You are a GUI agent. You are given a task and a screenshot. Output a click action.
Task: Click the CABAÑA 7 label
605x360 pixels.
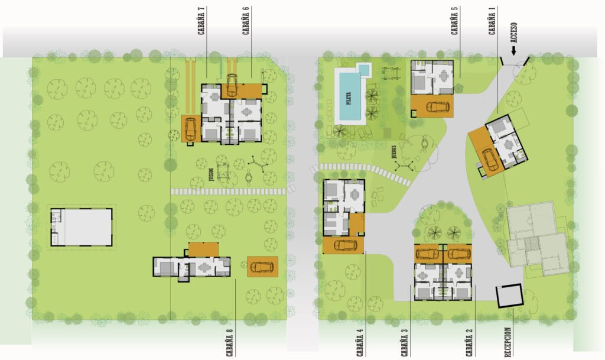click(x=201, y=21)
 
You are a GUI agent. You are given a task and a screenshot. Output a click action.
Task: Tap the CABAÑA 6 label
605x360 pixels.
click(x=246, y=21)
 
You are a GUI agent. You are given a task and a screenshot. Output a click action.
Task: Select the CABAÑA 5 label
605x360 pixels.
click(x=454, y=21)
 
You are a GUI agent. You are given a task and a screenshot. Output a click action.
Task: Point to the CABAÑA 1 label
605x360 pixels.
click(x=492, y=21)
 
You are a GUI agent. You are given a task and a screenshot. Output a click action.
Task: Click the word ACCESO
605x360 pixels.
click(x=513, y=33)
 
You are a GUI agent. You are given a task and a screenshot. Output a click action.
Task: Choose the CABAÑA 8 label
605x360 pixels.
click(x=230, y=342)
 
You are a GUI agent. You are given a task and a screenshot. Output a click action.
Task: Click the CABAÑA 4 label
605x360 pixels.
click(x=360, y=342)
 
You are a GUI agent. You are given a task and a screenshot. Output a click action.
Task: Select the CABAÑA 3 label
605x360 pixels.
click(x=404, y=342)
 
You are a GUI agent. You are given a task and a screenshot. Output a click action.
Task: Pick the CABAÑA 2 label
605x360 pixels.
click(x=469, y=342)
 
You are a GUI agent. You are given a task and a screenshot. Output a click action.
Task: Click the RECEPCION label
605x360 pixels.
click(x=508, y=342)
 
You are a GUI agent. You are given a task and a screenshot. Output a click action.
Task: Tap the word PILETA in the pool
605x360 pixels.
click(x=349, y=99)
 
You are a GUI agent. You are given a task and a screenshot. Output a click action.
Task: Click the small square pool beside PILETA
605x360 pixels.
click(x=364, y=69)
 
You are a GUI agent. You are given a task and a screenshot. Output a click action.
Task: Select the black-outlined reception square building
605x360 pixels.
click(x=509, y=296)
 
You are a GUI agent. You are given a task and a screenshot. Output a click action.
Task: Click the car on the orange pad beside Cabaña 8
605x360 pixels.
click(x=262, y=267)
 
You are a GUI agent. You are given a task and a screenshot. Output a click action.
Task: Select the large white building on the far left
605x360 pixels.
click(x=81, y=227)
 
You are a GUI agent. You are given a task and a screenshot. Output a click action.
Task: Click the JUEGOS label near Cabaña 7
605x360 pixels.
click(x=211, y=174)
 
